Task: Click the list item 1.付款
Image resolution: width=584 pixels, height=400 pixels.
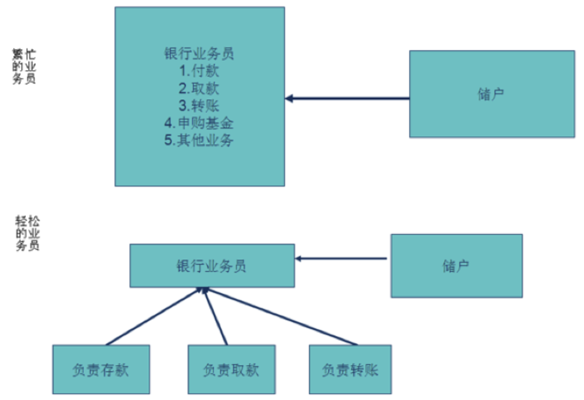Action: [199, 71]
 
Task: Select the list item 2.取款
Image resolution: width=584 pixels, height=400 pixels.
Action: [199, 88]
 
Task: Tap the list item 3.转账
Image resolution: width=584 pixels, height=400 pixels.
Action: [199, 105]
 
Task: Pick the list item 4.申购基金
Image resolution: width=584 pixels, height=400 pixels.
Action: [199, 123]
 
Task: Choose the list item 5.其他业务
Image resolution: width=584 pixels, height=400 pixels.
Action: [199, 140]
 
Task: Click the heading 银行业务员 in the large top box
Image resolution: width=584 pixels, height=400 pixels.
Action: [199, 54]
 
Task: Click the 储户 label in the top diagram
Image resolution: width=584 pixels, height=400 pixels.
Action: [491, 95]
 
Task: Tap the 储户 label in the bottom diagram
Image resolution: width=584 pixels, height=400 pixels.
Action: [456, 266]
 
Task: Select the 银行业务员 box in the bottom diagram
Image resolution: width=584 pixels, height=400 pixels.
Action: [212, 266]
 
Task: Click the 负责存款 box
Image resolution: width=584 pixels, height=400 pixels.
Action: [101, 370]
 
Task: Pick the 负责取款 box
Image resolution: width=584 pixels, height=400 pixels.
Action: [231, 370]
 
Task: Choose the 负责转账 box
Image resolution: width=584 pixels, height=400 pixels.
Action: [350, 370]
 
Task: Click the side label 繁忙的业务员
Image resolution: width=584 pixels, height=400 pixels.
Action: [24, 67]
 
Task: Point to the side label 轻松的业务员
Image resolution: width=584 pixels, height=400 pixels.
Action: [28, 233]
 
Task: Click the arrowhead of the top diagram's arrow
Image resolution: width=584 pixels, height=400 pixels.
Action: [289, 99]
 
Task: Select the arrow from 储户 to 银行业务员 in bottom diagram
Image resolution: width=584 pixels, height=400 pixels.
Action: [341, 259]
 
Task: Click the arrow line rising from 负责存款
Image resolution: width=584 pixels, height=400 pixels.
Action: [153, 317]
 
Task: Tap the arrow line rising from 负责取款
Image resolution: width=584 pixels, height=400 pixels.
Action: [216, 317]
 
